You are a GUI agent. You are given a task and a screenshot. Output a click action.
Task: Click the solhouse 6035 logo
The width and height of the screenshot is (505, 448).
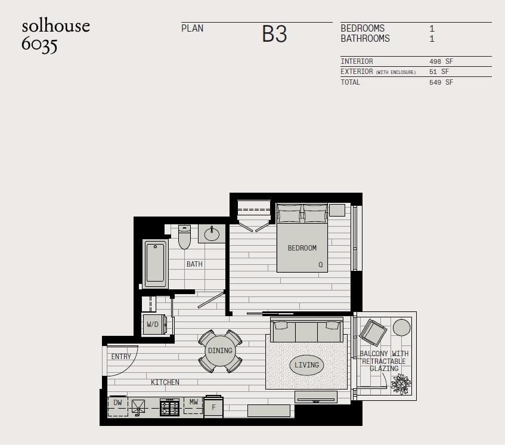[x=55, y=35]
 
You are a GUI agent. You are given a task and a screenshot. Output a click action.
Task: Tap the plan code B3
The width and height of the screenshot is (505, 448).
[x=274, y=34]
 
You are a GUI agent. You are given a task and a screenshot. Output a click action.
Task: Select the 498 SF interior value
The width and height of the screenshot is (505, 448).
[x=441, y=61]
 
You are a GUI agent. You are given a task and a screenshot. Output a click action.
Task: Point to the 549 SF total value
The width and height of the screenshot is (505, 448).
[x=441, y=82]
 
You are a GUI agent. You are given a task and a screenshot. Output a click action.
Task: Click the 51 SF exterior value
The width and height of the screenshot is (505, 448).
[x=439, y=72]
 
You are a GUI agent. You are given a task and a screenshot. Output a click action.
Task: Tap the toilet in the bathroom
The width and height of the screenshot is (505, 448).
[x=185, y=237]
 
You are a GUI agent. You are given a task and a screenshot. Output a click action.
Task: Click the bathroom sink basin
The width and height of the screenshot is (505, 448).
[x=212, y=234]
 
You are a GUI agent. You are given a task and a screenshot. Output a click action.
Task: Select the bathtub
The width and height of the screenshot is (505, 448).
[x=155, y=263]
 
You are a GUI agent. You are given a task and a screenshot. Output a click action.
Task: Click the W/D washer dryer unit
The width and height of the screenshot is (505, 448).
[x=154, y=325]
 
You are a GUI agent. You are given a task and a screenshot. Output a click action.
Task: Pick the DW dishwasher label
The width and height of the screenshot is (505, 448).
[x=117, y=403]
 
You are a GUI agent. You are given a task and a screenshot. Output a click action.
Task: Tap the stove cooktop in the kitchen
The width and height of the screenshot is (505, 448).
[x=170, y=407]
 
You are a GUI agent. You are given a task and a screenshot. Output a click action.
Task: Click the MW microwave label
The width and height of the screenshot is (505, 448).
[x=194, y=402]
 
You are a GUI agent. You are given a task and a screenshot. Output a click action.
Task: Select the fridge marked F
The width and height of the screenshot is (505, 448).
[x=213, y=407]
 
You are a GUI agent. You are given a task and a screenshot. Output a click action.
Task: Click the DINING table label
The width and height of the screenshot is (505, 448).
[x=220, y=351]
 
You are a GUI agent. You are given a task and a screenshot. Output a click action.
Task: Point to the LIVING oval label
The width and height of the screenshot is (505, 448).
[x=306, y=365]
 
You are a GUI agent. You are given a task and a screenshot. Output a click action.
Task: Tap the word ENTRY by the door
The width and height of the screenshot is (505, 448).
[x=121, y=357]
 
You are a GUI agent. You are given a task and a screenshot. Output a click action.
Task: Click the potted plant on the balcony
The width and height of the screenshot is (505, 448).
[x=401, y=384]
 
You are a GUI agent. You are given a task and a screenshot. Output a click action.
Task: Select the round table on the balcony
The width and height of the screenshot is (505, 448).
[x=402, y=327]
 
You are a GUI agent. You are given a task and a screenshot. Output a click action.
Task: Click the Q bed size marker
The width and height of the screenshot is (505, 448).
[x=320, y=265]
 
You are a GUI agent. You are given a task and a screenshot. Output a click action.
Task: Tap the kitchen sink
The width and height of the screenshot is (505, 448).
[x=138, y=407]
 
